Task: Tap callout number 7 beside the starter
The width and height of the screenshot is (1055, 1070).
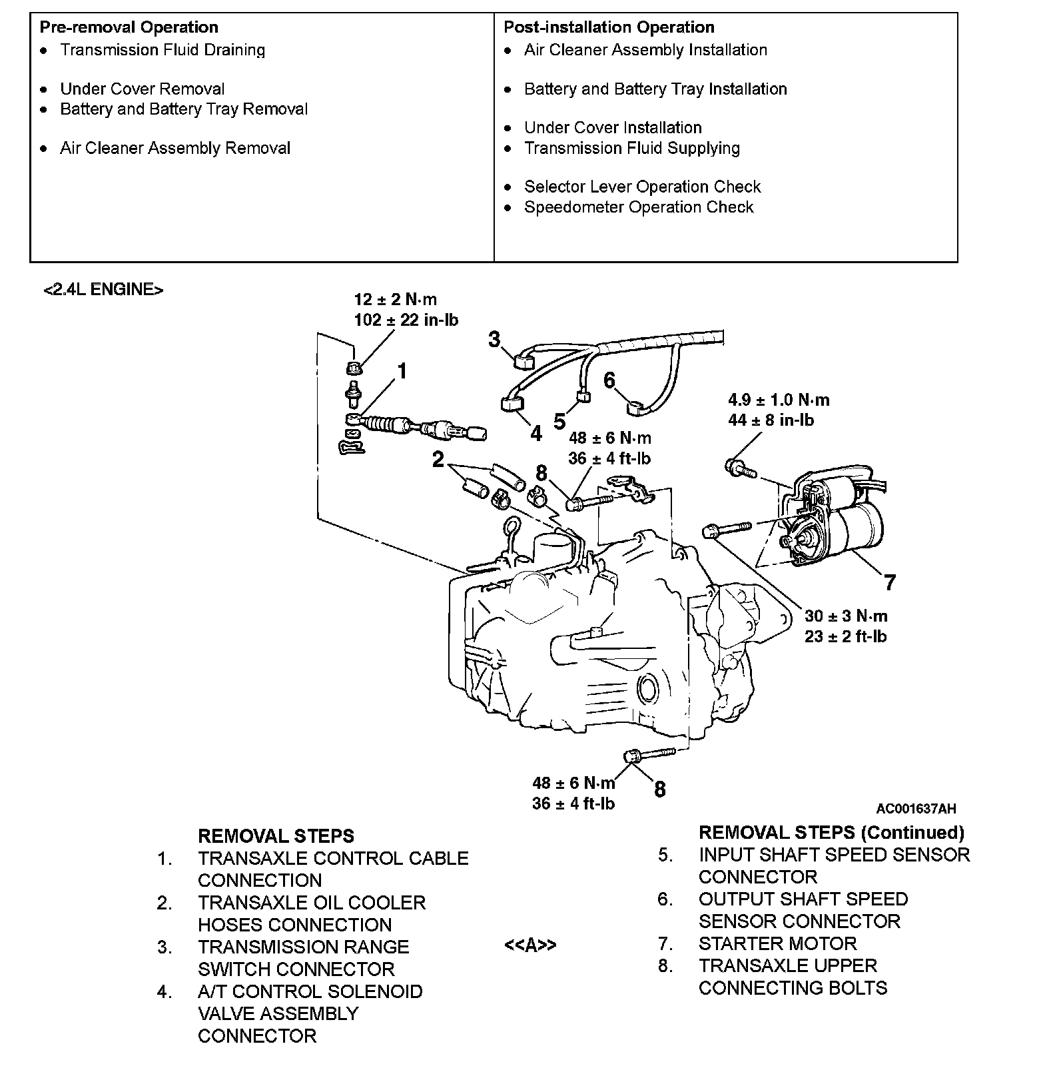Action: pos(890,582)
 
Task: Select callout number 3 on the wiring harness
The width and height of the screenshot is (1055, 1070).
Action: pos(494,340)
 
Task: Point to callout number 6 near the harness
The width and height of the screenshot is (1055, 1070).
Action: pos(609,380)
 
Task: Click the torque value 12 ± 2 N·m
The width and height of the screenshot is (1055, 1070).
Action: pos(395,300)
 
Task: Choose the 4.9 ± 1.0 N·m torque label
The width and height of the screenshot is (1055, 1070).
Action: pos(779,400)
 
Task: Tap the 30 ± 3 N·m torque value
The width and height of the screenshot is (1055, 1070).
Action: pos(846,616)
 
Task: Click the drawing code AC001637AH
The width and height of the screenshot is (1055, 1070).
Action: pos(916,809)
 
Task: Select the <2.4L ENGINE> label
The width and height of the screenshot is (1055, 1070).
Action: pos(103,290)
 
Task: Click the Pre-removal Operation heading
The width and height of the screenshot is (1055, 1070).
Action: pos(129,27)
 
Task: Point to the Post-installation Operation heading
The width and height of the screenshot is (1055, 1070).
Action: pos(609,27)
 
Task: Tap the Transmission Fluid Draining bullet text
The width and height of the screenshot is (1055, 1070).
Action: pos(163,50)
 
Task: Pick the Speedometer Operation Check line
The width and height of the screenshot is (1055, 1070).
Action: pos(638,207)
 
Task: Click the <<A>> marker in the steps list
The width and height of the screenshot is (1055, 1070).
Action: pos(530,945)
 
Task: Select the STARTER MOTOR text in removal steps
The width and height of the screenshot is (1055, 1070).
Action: pos(777,943)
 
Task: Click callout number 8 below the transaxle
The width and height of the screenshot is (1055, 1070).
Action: pos(659,790)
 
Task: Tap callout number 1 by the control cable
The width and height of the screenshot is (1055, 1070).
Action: pos(402,371)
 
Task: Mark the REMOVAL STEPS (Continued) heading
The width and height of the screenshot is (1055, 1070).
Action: pos(831,832)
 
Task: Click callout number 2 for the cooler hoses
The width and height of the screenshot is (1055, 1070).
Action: pos(438,460)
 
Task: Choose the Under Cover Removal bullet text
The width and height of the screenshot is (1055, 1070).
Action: pos(142,89)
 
